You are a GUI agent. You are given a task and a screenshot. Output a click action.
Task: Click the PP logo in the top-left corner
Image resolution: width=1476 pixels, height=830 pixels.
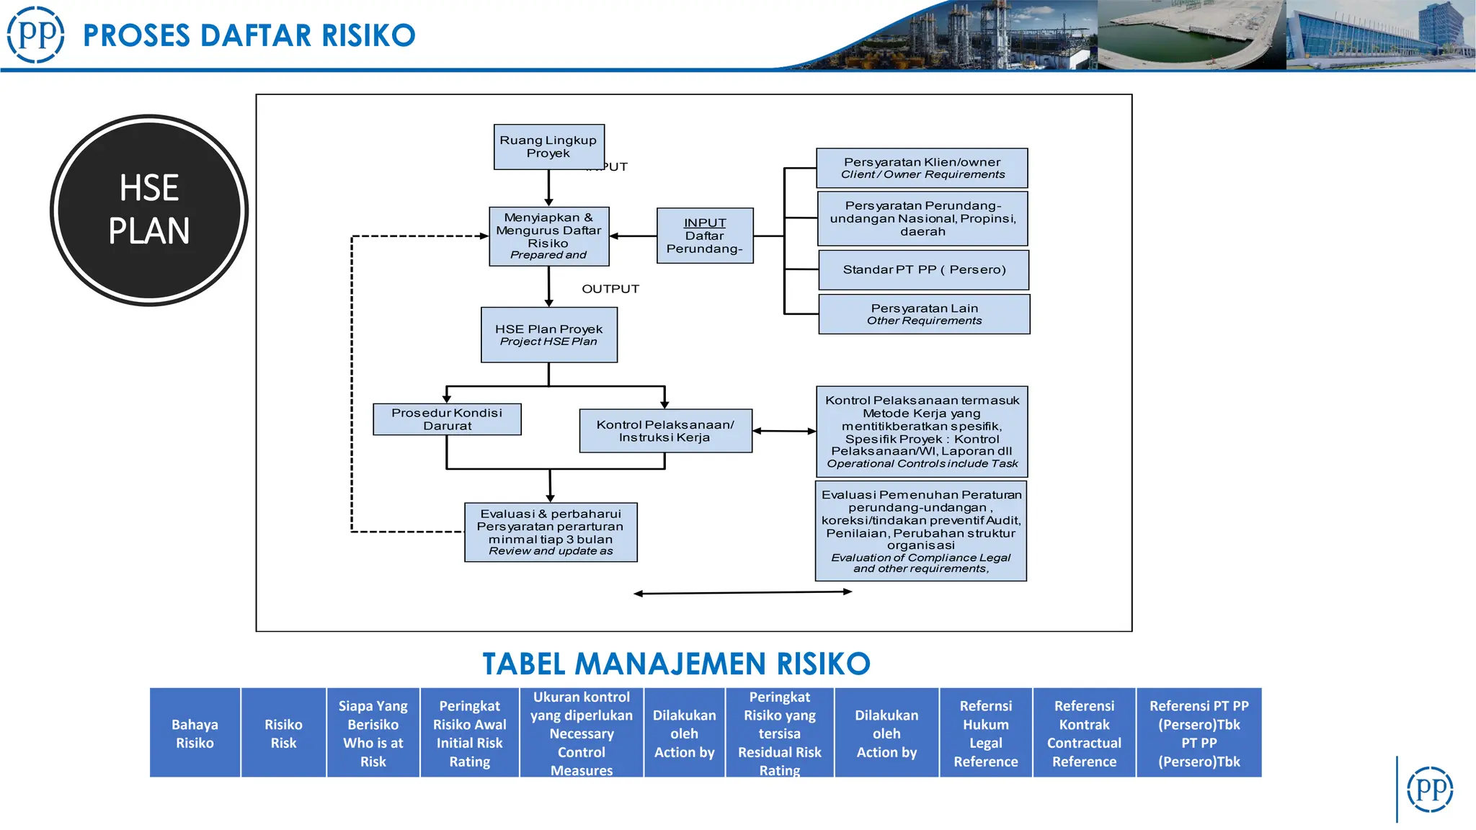[x=35, y=34]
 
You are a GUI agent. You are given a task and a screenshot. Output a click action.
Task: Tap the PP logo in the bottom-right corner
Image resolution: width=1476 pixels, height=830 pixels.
[x=1430, y=789]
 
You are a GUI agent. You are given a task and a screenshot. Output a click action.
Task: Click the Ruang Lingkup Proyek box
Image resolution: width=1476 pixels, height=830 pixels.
[x=548, y=147]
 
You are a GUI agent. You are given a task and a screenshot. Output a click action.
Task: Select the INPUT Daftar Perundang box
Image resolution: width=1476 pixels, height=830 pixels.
[x=705, y=236]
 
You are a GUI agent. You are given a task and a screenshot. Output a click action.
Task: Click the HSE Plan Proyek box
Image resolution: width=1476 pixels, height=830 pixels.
[x=548, y=335]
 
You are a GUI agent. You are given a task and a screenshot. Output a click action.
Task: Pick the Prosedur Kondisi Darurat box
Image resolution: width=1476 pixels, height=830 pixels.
[x=447, y=419]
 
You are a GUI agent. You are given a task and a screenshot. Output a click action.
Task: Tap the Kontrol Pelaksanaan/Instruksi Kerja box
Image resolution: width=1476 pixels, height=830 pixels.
[x=665, y=431]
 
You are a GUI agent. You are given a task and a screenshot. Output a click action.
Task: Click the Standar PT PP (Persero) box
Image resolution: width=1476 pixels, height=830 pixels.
[x=924, y=269]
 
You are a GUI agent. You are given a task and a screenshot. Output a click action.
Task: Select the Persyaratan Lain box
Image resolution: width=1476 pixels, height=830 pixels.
[x=924, y=314]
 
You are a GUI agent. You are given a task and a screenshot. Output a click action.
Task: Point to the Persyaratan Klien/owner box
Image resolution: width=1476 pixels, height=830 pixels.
[x=922, y=168]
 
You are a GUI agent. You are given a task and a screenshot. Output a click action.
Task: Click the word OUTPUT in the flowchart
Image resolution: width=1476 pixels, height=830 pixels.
[x=610, y=289]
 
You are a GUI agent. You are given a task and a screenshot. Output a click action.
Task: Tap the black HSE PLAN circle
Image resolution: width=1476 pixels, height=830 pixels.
[x=149, y=210]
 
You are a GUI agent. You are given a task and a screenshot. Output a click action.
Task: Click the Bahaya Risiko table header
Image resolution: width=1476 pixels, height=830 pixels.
[x=195, y=733]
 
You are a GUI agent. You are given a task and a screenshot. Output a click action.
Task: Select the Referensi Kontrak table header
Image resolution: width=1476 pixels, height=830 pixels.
[x=1084, y=733]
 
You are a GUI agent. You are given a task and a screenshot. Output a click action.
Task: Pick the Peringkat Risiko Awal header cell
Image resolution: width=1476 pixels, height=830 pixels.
[x=469, y=733]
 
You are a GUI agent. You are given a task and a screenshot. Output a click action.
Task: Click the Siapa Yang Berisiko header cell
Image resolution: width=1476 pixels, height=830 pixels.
[x=373, y=733]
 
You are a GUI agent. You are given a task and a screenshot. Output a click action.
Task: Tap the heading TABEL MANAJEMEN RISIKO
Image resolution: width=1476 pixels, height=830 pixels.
[x=676, y=664]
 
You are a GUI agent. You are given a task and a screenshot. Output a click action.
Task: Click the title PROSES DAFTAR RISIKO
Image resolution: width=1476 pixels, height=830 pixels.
[x=249, y=35]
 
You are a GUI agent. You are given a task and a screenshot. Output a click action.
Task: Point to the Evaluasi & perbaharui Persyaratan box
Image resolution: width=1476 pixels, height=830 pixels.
[x=551, y=532]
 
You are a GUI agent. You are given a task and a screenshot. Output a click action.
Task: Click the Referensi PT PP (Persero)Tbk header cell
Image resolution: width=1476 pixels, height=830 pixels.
[x=1199, y=733]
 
